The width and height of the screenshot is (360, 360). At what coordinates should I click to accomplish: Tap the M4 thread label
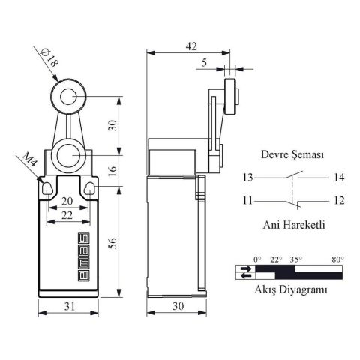[31, 163]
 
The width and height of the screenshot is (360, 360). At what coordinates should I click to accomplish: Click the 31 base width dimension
[67, 306]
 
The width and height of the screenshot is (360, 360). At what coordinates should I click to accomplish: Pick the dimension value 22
[67, 214]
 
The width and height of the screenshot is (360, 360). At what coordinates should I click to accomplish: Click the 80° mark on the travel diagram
[337, 259]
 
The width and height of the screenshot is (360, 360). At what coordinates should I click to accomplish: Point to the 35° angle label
[296, 259]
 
